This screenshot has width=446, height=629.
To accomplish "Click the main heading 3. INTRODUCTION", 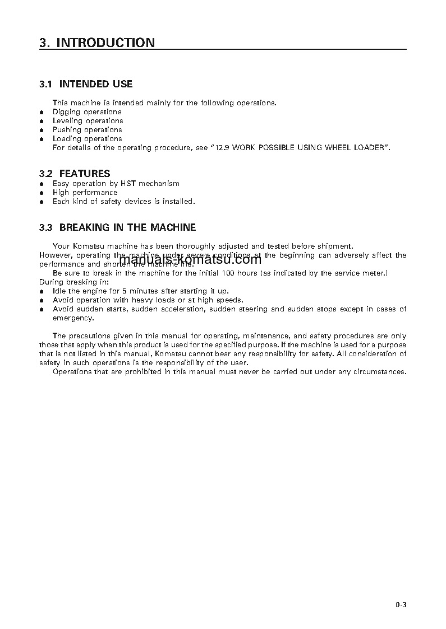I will pos(97,43).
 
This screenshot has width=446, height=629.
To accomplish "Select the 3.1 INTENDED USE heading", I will pos(86,84).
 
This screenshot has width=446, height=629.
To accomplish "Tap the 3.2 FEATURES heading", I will pos(75,174).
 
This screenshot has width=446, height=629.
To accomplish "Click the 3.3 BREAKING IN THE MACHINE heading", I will pos(118,227).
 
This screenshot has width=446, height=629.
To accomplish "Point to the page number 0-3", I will pos(400,604).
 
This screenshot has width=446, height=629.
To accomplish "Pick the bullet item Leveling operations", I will pos(88,121).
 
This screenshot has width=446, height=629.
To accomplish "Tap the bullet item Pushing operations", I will pos(87,130).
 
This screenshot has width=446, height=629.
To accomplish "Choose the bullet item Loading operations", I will pos(87,139).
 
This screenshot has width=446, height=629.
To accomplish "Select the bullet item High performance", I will pos(85,193).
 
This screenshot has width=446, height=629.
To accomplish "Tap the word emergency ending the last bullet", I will pos(73,318).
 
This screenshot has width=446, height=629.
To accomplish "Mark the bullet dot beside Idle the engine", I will pos(42,292).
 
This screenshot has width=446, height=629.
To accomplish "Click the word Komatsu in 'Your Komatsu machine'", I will pos(91,246).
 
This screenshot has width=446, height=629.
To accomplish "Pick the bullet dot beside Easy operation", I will pos(42,184).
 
